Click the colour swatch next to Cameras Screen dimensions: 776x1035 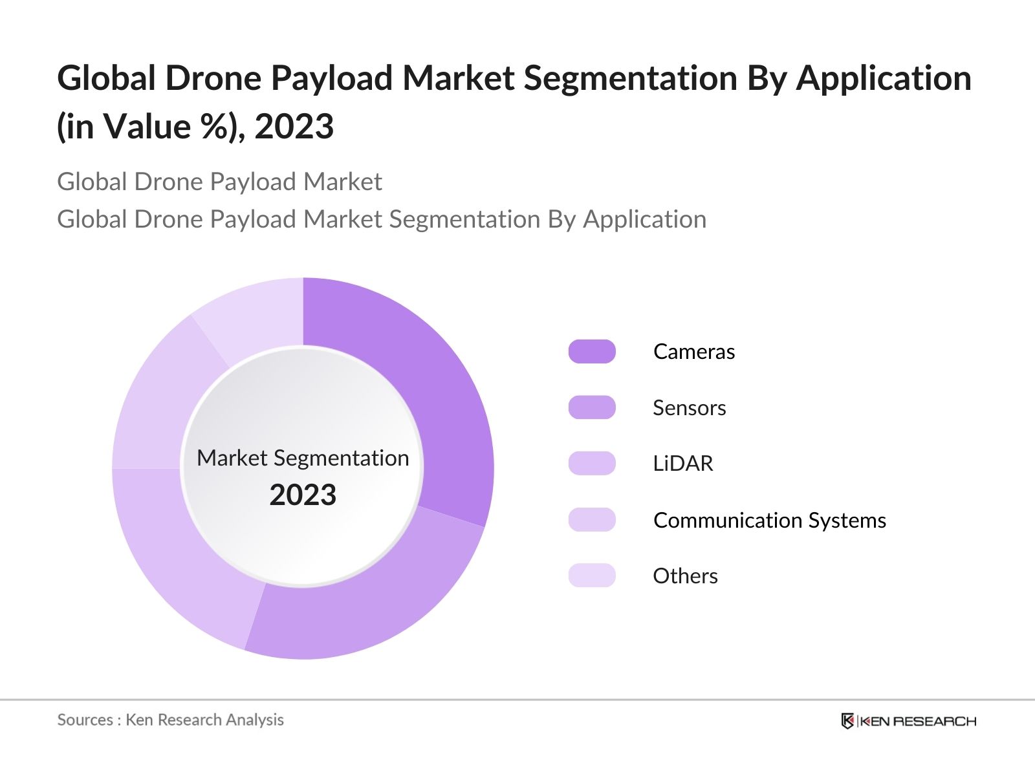coord(592,352)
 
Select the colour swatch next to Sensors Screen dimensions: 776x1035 coord(592,407)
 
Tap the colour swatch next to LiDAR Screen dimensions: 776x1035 coord(592,464)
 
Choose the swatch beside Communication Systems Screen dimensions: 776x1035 coord(592,520)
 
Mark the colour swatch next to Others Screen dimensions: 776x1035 coord(592,576)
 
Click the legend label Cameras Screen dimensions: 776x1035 coord(694,352)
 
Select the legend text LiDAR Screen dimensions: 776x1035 coord(682,464)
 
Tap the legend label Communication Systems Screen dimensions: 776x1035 coord(770,520)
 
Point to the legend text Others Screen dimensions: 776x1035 coord(685,576)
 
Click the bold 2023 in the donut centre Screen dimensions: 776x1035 coord(303,495)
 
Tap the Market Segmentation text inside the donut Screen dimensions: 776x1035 coord(303,458)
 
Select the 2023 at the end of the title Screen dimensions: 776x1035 coord(294,126)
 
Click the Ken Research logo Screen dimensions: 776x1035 coord(909,721)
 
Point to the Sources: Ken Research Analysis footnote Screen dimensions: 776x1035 coord(170,720)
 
